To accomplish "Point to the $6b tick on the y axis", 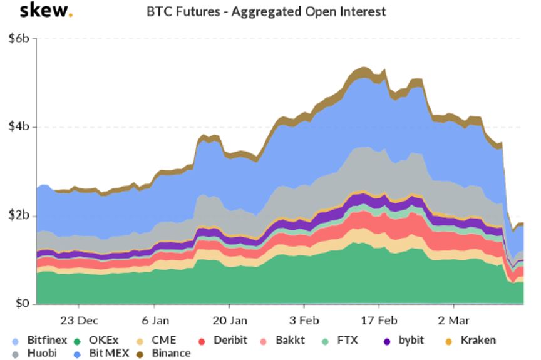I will coord(19,39).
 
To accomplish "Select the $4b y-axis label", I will coord(19,127).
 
